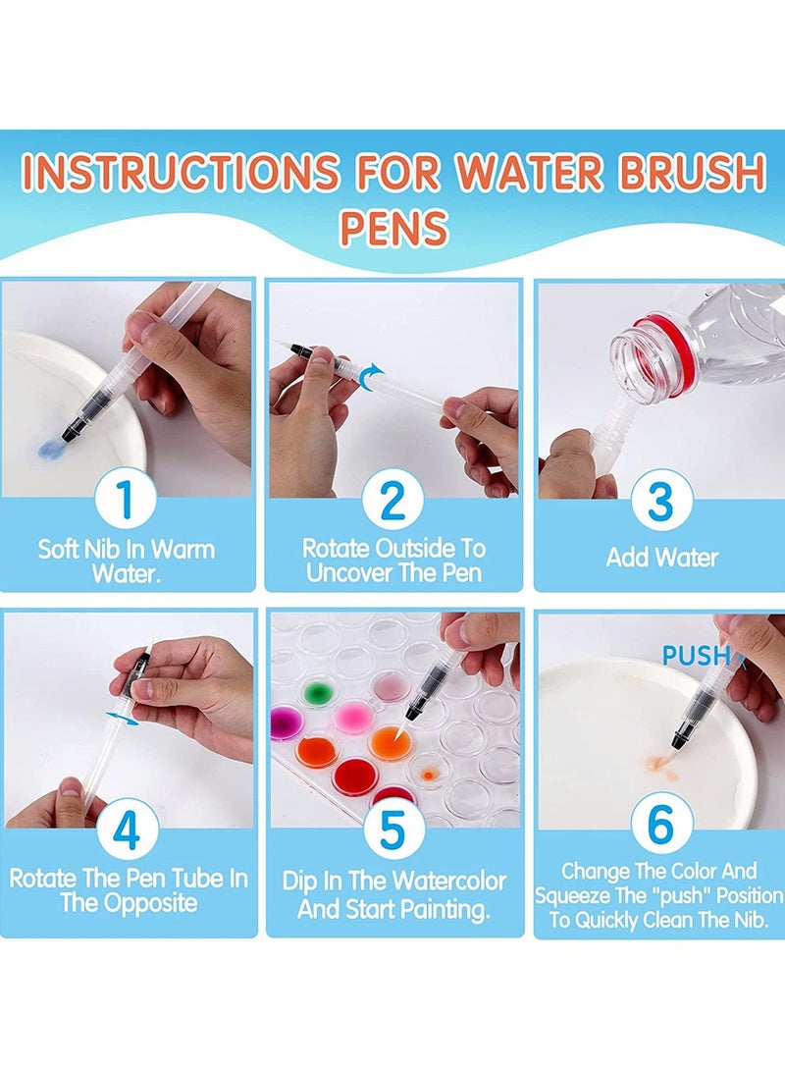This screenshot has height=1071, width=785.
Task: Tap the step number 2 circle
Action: pyautogui.click(x=392, y=501)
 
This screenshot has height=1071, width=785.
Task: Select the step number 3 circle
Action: pyautogui.click(x=660, y=501)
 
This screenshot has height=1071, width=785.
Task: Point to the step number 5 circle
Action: pyautogui.click(x=392, y=830)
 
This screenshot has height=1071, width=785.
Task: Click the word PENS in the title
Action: pyautogui.click(x=393, y=228)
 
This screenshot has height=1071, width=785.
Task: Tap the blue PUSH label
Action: pyautogui.click(x=697, y=655)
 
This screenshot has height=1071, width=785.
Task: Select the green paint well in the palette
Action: pyautogui.click(x=315, y=693)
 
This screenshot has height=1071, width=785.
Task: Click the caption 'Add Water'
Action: pyautogui.click(x=661, y=558)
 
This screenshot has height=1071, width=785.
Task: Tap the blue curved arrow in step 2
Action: pyautogui.click(x=371, y=374)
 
